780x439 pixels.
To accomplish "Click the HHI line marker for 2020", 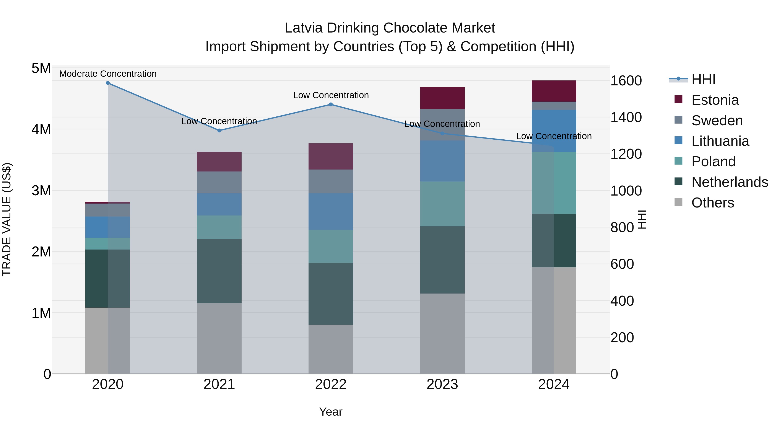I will (x=108, y=83).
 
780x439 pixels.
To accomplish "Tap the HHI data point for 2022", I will (x=331, y=104).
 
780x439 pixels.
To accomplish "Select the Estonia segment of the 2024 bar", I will (x=554, y=91).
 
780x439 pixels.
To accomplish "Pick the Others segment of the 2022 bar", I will (x=331, y=349).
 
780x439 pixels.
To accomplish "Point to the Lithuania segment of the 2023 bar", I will (x=442, y=161).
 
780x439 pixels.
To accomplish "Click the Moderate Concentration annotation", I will (x=108, y=74).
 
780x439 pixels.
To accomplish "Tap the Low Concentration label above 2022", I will (x=331, y=95).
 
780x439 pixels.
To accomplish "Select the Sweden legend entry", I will (x=717, y=121).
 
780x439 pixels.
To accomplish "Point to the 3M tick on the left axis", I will (x=41, y=191).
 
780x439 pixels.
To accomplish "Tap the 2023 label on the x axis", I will (x=442, y=384).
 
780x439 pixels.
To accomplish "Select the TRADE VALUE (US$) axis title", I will (x=7, y=219).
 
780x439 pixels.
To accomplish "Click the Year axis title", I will (x=331, y=412).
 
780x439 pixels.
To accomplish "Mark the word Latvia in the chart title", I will (x=304, y=28).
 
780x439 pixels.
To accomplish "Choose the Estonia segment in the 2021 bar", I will (x=219, y=162).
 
